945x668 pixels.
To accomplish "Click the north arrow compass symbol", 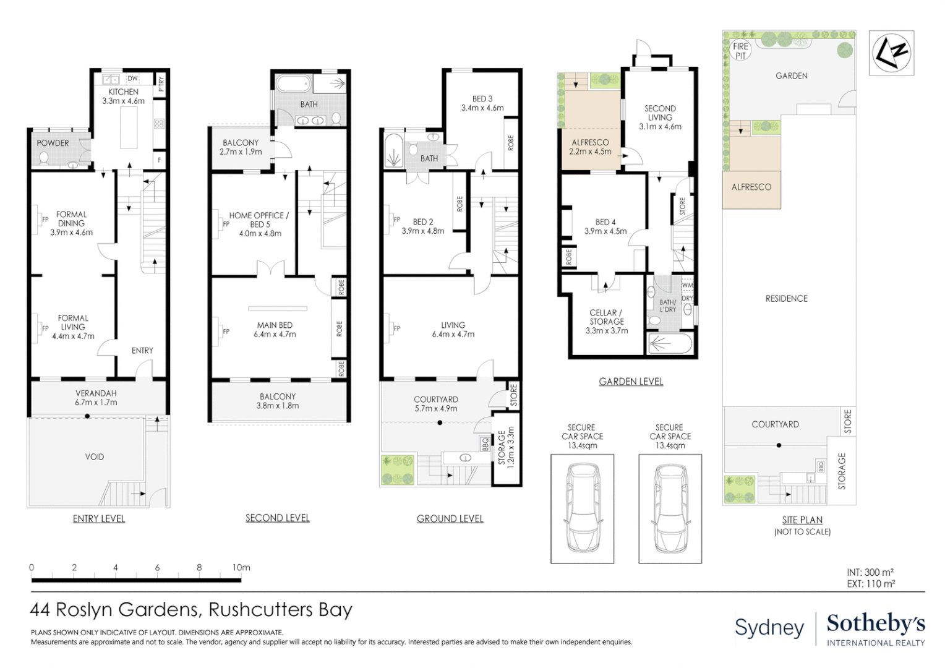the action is click(891, 53).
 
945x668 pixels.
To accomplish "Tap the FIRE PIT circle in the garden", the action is click(740, 51).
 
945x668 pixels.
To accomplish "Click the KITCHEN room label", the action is click(123, 92).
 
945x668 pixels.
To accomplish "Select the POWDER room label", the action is click(53, 143).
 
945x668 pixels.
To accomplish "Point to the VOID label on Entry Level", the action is click(94, 456).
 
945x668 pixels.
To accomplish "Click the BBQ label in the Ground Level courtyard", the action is click(485, 443).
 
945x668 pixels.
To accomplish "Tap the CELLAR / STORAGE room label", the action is click(606, 317).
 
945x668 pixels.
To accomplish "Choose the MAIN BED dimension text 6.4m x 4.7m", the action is click(275, 334).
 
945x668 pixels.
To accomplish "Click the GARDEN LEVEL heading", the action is click(631, 382).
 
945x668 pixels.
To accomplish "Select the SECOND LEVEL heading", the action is click(278, 518).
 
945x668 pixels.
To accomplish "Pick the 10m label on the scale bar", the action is click(241, 568).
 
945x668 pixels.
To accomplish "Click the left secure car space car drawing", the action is click(582, 508).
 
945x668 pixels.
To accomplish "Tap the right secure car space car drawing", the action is click(670, 508).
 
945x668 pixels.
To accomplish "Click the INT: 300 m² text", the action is click(870, 572).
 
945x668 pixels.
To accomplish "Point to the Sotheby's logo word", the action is click(876, 624).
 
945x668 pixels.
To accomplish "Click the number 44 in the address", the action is click(40, 610).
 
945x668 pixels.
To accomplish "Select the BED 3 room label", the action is click(482, 99).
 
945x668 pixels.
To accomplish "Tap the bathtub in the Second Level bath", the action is click(294, 84).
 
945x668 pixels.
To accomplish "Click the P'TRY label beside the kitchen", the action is click(161, 84).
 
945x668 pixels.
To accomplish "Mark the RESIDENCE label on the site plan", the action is click(787, 299).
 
